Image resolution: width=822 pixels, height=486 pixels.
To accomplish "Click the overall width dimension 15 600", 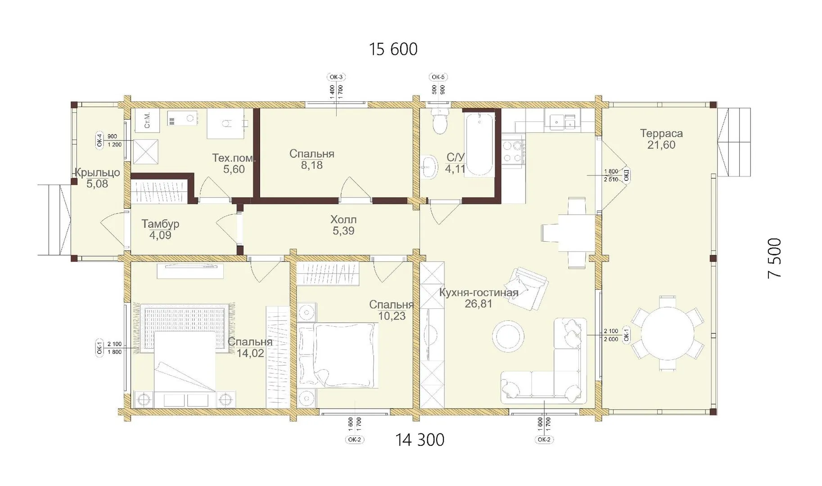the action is tap(393, 49).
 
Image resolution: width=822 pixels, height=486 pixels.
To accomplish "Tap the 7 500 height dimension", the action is tap(775, 258).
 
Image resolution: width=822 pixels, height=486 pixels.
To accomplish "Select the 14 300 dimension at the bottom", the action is tap(420, 440).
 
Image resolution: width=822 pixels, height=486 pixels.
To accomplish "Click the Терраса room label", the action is tap(661, 133).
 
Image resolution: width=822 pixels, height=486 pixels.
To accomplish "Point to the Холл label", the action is tap(343, 220).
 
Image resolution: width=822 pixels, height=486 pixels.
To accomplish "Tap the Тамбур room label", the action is tap(160, 224).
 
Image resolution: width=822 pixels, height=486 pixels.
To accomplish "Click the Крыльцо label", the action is tap(97, 172).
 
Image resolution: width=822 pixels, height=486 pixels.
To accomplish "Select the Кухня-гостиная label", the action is tap(479, 292).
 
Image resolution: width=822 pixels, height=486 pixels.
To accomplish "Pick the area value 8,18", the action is tap(312, 165).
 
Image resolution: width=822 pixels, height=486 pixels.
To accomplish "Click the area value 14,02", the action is tap(250, 353).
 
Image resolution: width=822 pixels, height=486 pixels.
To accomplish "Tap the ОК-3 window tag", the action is tap(336, 77).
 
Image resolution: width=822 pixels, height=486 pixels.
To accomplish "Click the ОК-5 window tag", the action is tap(438, 77).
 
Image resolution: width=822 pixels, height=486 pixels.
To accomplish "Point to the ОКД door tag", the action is tap(626, 175).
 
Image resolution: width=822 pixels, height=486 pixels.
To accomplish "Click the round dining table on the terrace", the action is tap(668, 333).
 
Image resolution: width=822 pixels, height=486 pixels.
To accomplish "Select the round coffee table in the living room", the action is tap(508, 336).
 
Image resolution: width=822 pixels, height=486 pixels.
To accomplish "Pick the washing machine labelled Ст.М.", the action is tap(147, 120).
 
